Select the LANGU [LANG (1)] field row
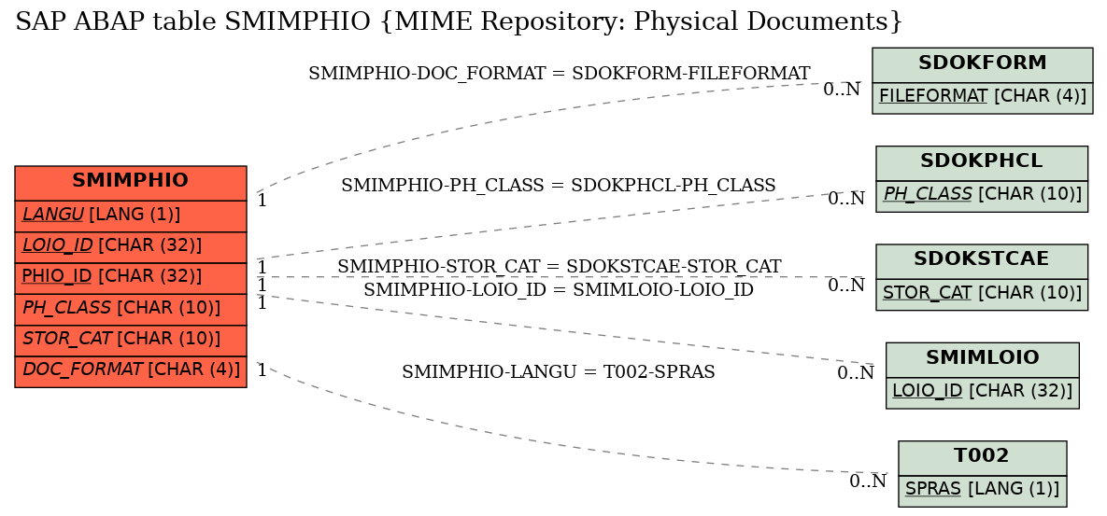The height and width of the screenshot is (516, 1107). pos(131,216)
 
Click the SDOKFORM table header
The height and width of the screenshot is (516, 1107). pos(982,64)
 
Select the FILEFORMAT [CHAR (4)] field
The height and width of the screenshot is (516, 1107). pos(982,97)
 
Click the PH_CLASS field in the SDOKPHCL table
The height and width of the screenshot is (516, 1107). pos(981,195)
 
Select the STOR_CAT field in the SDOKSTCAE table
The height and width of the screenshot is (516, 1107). pos(981,294)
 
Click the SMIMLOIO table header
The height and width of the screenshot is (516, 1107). pos(982,359)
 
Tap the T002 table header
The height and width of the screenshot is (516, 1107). pos(982,457)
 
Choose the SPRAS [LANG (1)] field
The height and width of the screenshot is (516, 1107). pos(982,490)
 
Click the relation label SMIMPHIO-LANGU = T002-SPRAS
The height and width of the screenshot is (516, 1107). pos(559,372)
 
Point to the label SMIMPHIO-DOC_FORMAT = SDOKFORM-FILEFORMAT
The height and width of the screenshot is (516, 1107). pos(560,74)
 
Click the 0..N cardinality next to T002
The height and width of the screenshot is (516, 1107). pos(868,481)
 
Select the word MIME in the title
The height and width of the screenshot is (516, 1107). pos(428,21)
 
